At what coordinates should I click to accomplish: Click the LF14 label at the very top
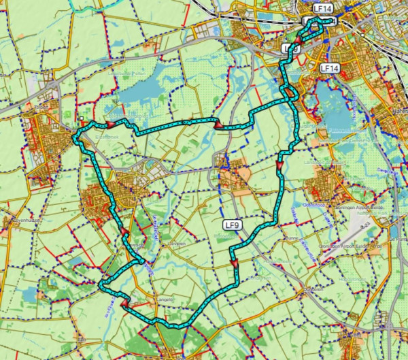(324, 8)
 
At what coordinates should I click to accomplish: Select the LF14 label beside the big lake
(329, 69)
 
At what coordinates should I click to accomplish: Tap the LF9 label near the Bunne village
(233, 225)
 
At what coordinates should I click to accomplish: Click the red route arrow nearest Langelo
(124, 304)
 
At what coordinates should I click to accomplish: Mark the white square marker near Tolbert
(81, 118)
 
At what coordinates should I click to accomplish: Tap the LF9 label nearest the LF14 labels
(291, 48)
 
